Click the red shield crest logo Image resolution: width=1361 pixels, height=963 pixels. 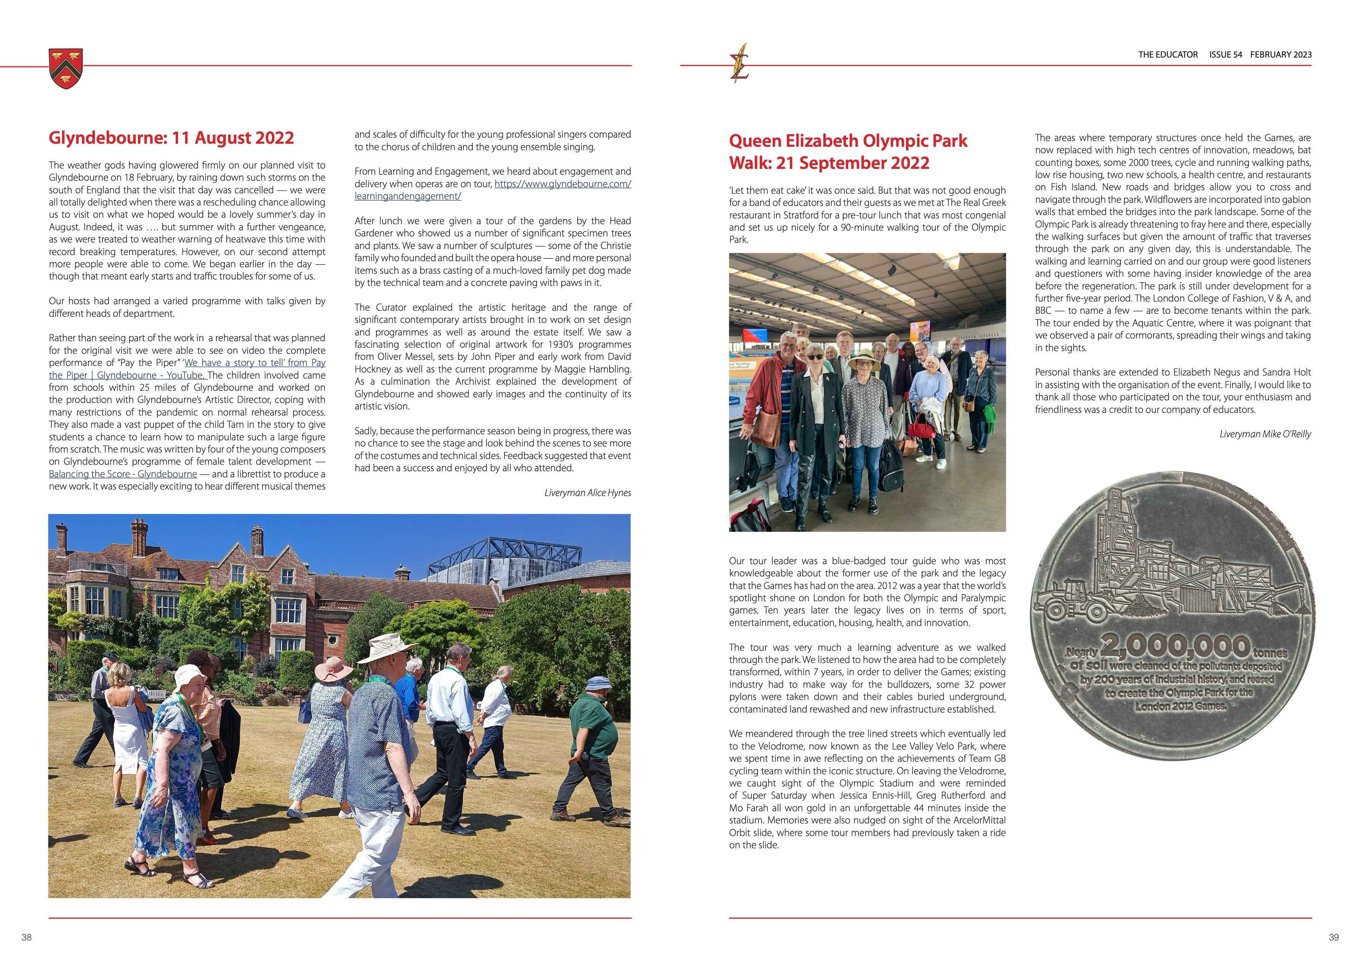coord(66,68)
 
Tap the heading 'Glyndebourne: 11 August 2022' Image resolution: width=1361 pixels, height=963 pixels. coord(171,138)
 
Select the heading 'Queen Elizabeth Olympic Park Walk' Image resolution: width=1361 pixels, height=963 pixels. coord(848,152)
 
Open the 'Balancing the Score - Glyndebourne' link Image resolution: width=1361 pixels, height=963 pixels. coord(123,474)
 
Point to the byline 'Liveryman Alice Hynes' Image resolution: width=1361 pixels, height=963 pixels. coord(588,493)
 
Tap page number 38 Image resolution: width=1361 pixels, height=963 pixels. coord(27,937)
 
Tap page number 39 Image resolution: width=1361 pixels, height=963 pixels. coord(1334,937)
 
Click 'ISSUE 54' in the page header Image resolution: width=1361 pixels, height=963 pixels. coord(1225,55)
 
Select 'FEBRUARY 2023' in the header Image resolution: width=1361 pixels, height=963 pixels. coord(1281,55)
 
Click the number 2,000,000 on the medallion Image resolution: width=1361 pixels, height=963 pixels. coord(1176,646)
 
